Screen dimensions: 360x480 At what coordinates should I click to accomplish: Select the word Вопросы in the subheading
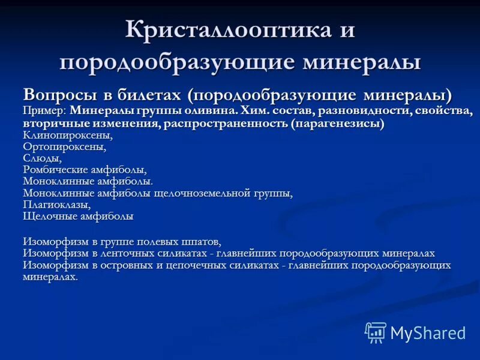click(56, 95)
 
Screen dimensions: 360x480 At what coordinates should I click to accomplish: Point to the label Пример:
click(44, 111)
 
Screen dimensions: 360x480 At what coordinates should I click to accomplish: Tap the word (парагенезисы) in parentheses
click(338, 124)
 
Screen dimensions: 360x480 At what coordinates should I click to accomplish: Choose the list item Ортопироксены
click(64, 146)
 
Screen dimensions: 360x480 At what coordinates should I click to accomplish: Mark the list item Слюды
click(42, 158)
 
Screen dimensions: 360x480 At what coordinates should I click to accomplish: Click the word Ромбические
click(57, 170)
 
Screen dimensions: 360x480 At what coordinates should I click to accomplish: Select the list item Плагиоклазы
click(56, 205)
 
